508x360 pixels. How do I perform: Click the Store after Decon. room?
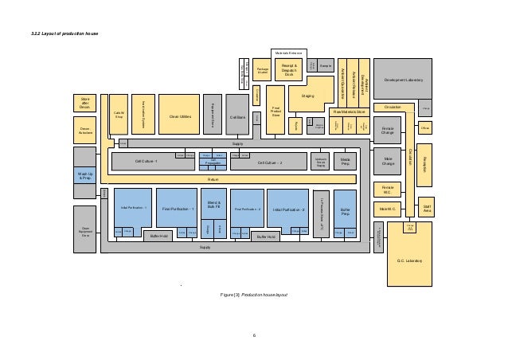click(85, 104)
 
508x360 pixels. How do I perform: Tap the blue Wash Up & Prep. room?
click(85, 175)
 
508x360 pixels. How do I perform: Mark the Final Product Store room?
click(276, 112)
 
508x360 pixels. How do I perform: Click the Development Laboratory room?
click(402, 80)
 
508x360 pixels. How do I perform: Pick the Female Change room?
click(388, 130)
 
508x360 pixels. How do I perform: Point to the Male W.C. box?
click(388, 209)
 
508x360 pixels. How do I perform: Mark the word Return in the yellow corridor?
click(213, 179)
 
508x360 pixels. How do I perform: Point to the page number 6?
click(254, 335)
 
